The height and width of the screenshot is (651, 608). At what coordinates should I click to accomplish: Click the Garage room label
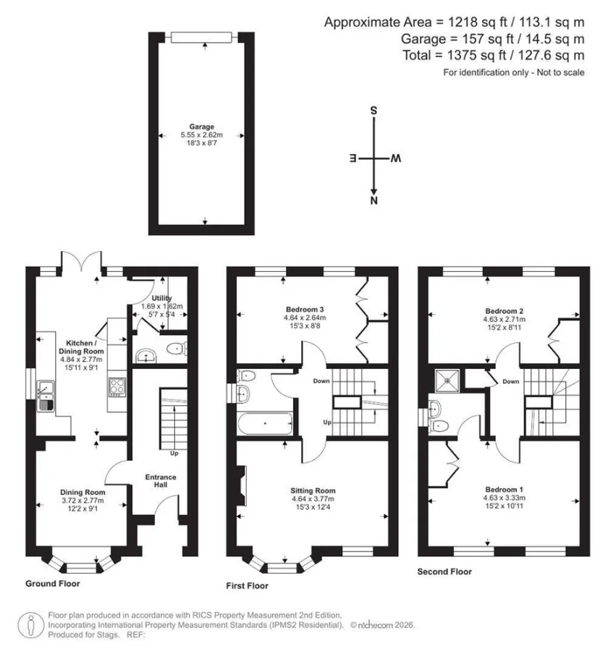(x=201, y=127)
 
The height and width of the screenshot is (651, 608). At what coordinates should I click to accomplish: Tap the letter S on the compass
(x=373, y=111)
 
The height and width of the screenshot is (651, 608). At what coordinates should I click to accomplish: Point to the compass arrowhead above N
(x=373, y=192)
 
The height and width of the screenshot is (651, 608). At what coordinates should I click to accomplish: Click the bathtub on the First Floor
(x=265, y=423)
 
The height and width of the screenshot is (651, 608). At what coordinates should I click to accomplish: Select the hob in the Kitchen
(x=117, y=387)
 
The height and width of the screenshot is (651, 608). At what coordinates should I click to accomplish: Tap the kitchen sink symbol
(x=46, y=396)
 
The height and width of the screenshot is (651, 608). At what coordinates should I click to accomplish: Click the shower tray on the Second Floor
(x=447, y=380)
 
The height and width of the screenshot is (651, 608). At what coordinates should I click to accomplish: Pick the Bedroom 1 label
(x=504, y=490)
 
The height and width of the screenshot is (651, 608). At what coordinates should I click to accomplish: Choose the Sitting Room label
(x=313, y=490)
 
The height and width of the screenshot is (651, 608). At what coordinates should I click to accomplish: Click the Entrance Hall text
(x=161, y=481)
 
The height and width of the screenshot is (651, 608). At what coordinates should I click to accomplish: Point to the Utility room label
(x=161, y=298)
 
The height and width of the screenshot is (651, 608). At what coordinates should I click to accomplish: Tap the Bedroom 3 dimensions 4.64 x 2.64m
(x=305, y=318)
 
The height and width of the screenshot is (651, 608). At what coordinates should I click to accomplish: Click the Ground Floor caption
(x=53, y=583)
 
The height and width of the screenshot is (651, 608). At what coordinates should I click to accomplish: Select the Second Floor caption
(x=444, y=571)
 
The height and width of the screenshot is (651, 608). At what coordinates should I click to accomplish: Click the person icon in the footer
(x=30, y=625)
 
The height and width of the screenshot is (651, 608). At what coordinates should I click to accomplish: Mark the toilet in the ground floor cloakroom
(x=177, y=349)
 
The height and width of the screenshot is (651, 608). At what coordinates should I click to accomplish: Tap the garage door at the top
(x=201, y=38)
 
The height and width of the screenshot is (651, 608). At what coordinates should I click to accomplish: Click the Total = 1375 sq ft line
(x=494, y=55)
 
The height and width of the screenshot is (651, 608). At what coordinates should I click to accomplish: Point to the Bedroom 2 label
(x=504, y=311)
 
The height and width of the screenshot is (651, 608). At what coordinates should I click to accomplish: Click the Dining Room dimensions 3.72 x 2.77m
(x=83, y=501)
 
